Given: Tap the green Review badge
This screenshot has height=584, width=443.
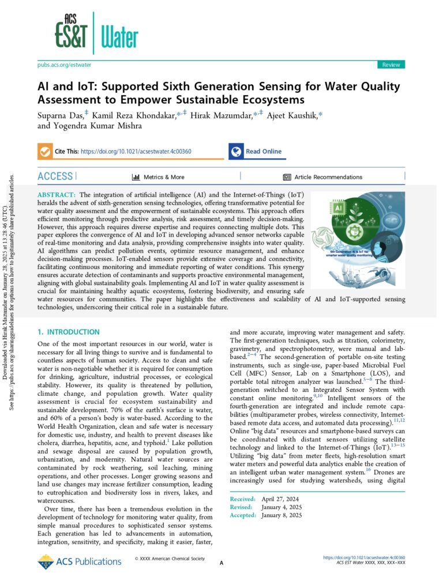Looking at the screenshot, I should coord(391,65).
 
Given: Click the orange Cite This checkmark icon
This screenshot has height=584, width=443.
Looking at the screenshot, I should coord(44,151).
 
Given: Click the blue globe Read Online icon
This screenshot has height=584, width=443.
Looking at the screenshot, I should coord(235,151).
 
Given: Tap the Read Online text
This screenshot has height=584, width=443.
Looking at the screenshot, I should coord(264,152).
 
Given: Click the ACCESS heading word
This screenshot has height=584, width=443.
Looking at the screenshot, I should coord(55,176).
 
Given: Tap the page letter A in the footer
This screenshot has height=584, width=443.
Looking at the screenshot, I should coord(221,563).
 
